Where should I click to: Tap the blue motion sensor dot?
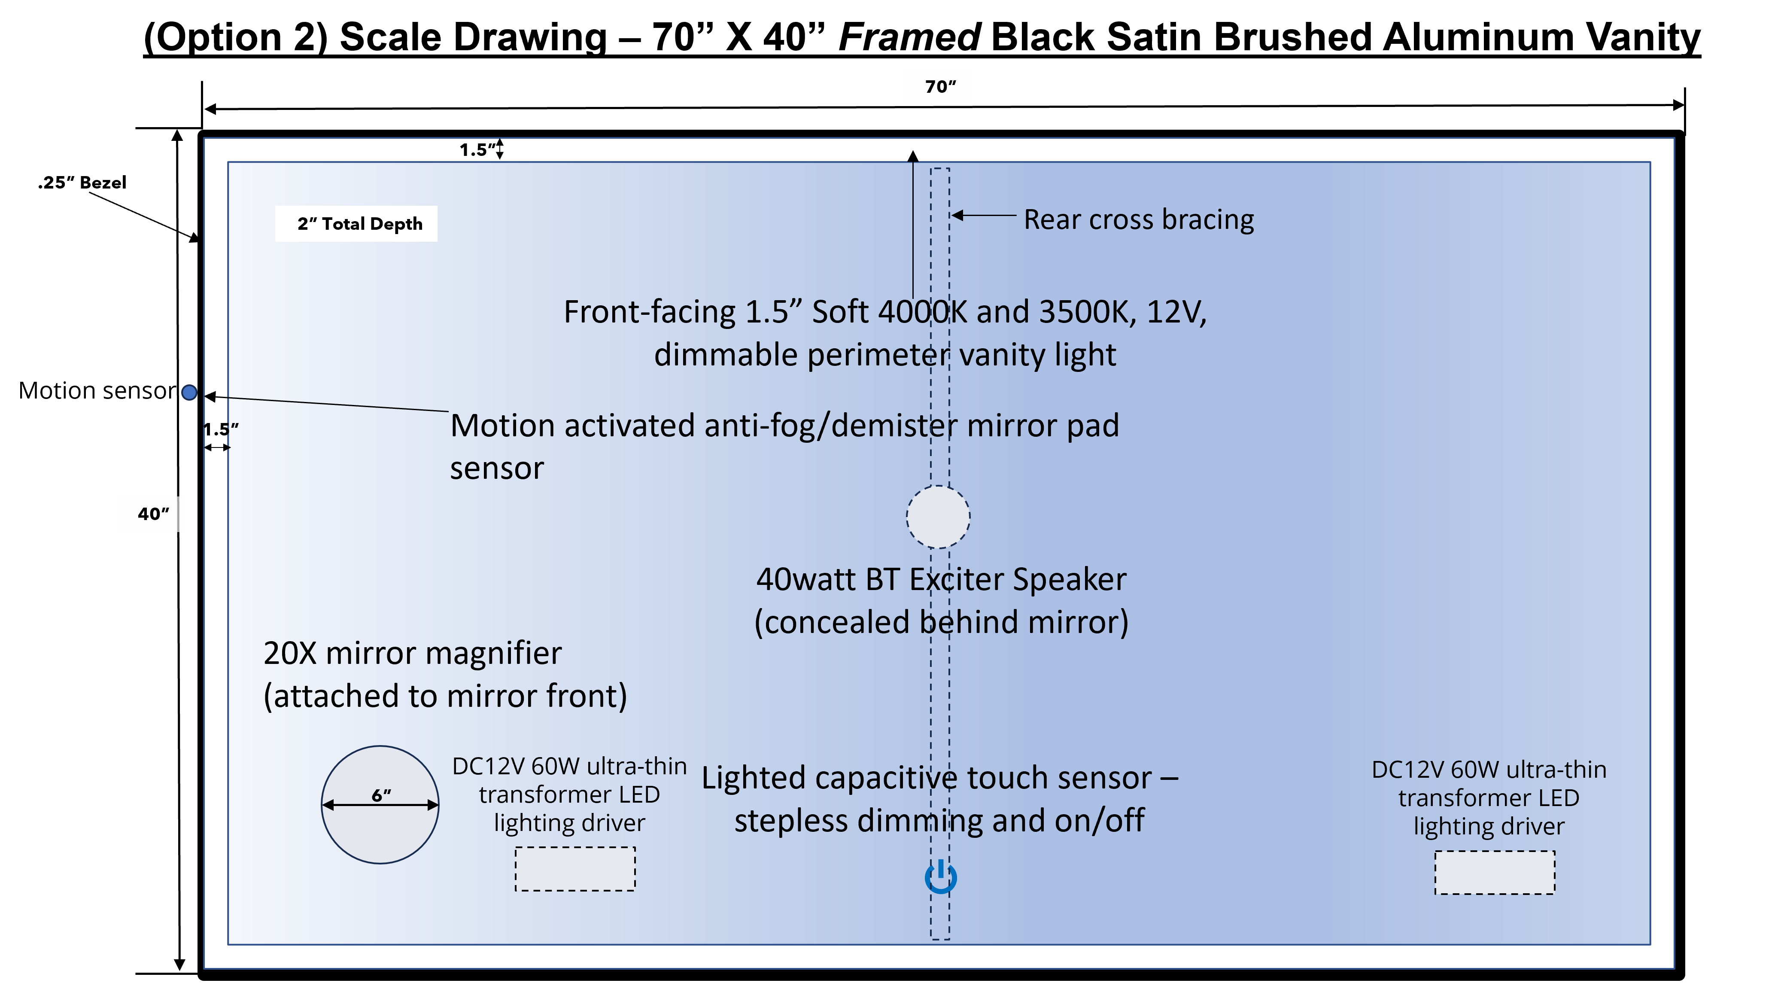click(x=189, y=393)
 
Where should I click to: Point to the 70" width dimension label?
click(x=940, y=86)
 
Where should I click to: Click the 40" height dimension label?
click(x=153, y=514)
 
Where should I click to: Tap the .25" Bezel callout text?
click(x=82, y=183)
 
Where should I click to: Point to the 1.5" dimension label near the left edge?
click(x=221, y=429)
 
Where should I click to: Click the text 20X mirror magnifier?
click(x=413, y=653)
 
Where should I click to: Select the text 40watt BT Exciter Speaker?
click(x=941, y=579)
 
